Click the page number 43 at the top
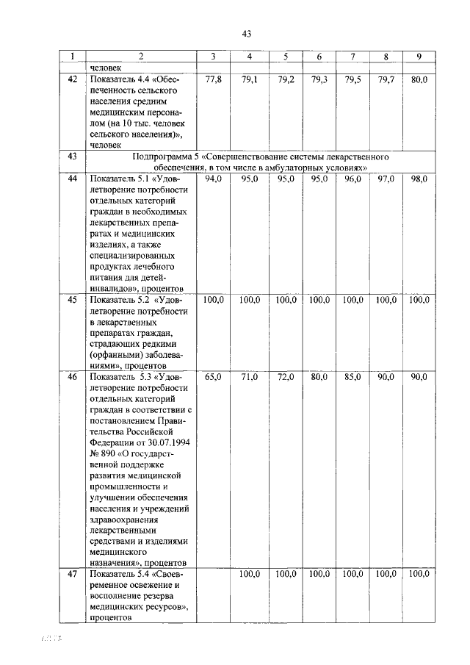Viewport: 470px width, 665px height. pos(246,33)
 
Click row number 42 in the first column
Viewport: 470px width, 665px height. pos(72,79)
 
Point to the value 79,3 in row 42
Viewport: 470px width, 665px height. pos(319,79)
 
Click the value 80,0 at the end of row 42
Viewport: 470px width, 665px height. pos(419,79)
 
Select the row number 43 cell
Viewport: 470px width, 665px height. pos(72,157)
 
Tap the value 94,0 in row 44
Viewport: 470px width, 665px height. pos(213,179)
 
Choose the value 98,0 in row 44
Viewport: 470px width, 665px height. pos(419,179)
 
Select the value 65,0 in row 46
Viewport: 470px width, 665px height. pos(213,377)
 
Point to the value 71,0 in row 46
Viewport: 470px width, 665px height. pos(249,377)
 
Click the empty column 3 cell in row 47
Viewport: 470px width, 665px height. pos(213,595)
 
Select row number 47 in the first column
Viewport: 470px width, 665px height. pos(72,575)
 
